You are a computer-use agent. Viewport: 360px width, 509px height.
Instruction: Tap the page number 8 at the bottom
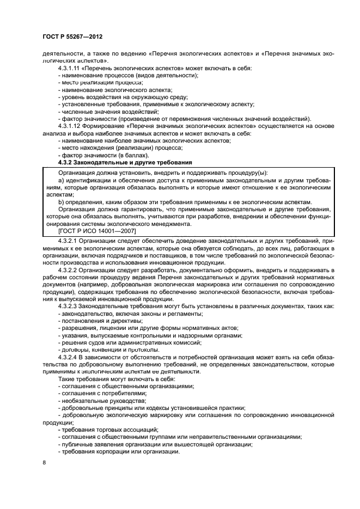44,463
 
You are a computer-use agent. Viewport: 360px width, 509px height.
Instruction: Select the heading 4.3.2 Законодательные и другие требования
125,162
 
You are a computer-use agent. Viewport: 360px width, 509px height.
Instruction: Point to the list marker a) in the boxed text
60,180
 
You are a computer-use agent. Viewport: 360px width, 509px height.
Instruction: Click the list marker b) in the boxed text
60,202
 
